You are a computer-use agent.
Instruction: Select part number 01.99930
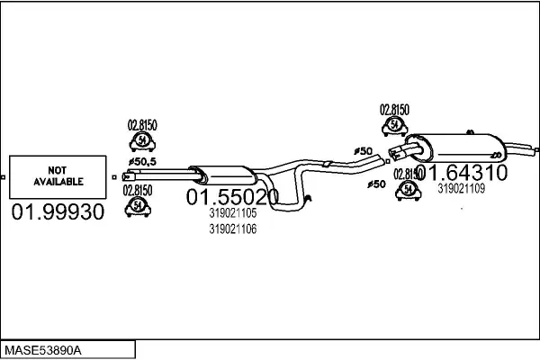tap(57, 212)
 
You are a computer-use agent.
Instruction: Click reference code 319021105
tap(232, 214)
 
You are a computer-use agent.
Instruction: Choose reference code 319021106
tap(232, 229)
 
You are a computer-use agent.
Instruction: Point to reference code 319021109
tap(461, 188)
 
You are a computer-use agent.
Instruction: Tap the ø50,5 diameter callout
tap(140, 161)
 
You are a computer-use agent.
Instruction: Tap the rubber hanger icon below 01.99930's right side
tap(139, 206)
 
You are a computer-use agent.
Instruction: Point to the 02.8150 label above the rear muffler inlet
tap(394, 109)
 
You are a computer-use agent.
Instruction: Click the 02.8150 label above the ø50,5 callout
tap(140, 124)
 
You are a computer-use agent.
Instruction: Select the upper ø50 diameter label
tap(364, 150)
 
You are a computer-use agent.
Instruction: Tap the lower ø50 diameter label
tap(377, 184)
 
